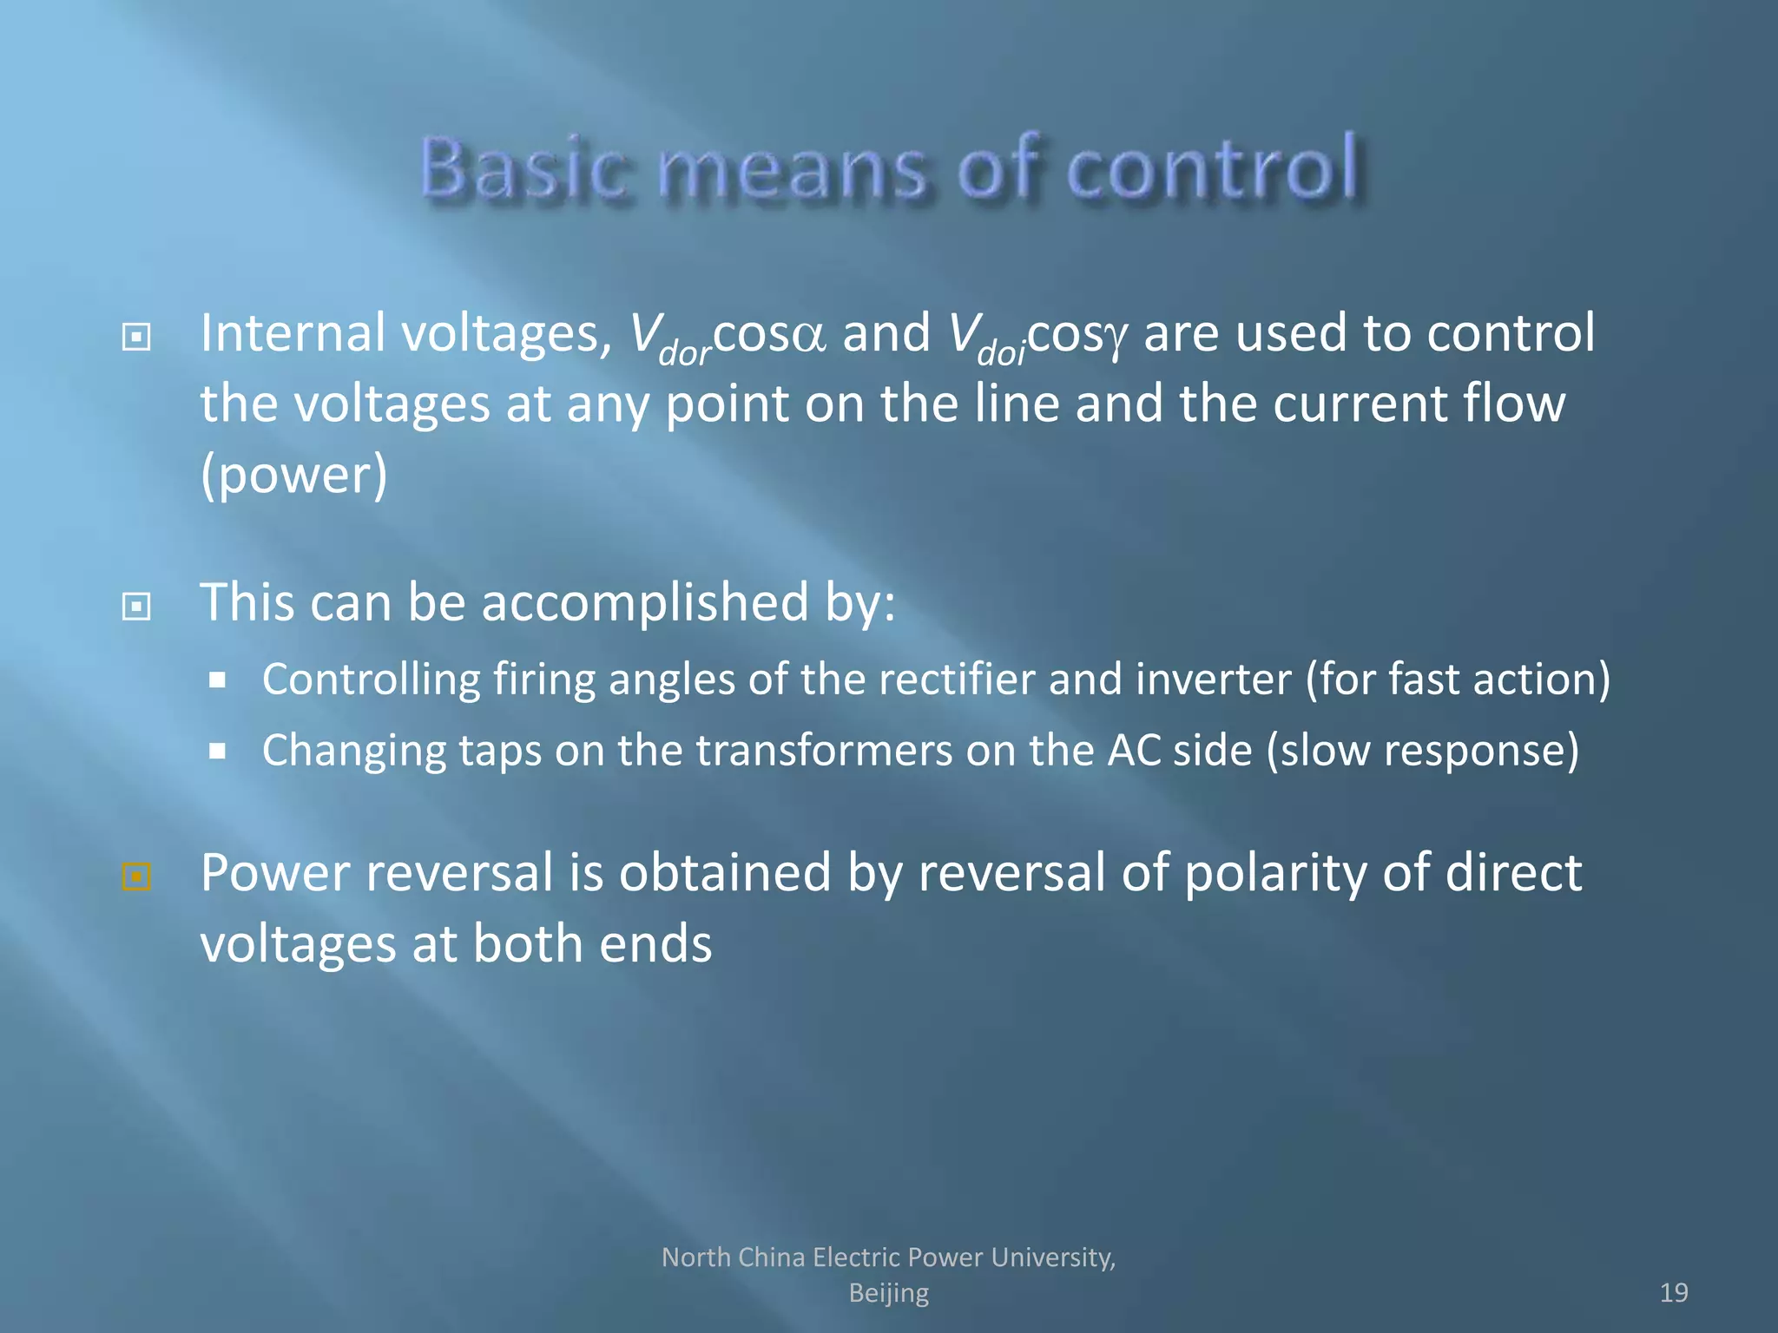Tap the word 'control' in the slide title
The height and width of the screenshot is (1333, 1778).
1211,168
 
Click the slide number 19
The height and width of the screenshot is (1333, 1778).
1673,1293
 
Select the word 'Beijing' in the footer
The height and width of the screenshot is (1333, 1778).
888,1293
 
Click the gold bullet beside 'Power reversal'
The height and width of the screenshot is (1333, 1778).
136,877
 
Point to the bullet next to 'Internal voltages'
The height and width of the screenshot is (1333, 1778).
136,337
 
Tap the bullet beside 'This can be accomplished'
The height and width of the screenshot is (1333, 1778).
136,607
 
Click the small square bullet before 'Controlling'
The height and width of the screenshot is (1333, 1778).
217,680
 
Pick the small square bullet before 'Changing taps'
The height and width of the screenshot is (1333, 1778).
217,751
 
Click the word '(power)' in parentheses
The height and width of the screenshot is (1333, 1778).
293,476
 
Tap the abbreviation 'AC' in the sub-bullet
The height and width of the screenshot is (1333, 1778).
1133,750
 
